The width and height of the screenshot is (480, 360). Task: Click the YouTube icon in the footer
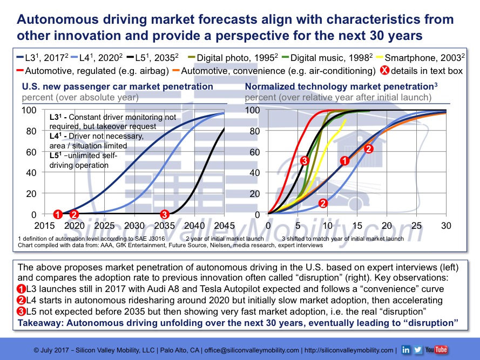(437, 350)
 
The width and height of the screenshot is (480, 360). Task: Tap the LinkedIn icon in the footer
(406, 350)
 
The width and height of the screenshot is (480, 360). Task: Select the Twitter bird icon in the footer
(418, 350)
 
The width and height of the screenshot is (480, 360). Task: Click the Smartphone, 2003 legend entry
(419, 57)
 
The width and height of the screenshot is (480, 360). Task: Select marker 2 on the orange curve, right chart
(369, 148)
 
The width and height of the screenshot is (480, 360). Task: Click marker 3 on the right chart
(305, 160)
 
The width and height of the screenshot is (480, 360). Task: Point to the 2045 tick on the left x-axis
(224, 226)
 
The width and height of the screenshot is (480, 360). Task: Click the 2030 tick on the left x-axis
(134, 226)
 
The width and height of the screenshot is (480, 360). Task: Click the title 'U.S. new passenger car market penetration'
(117, 86)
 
